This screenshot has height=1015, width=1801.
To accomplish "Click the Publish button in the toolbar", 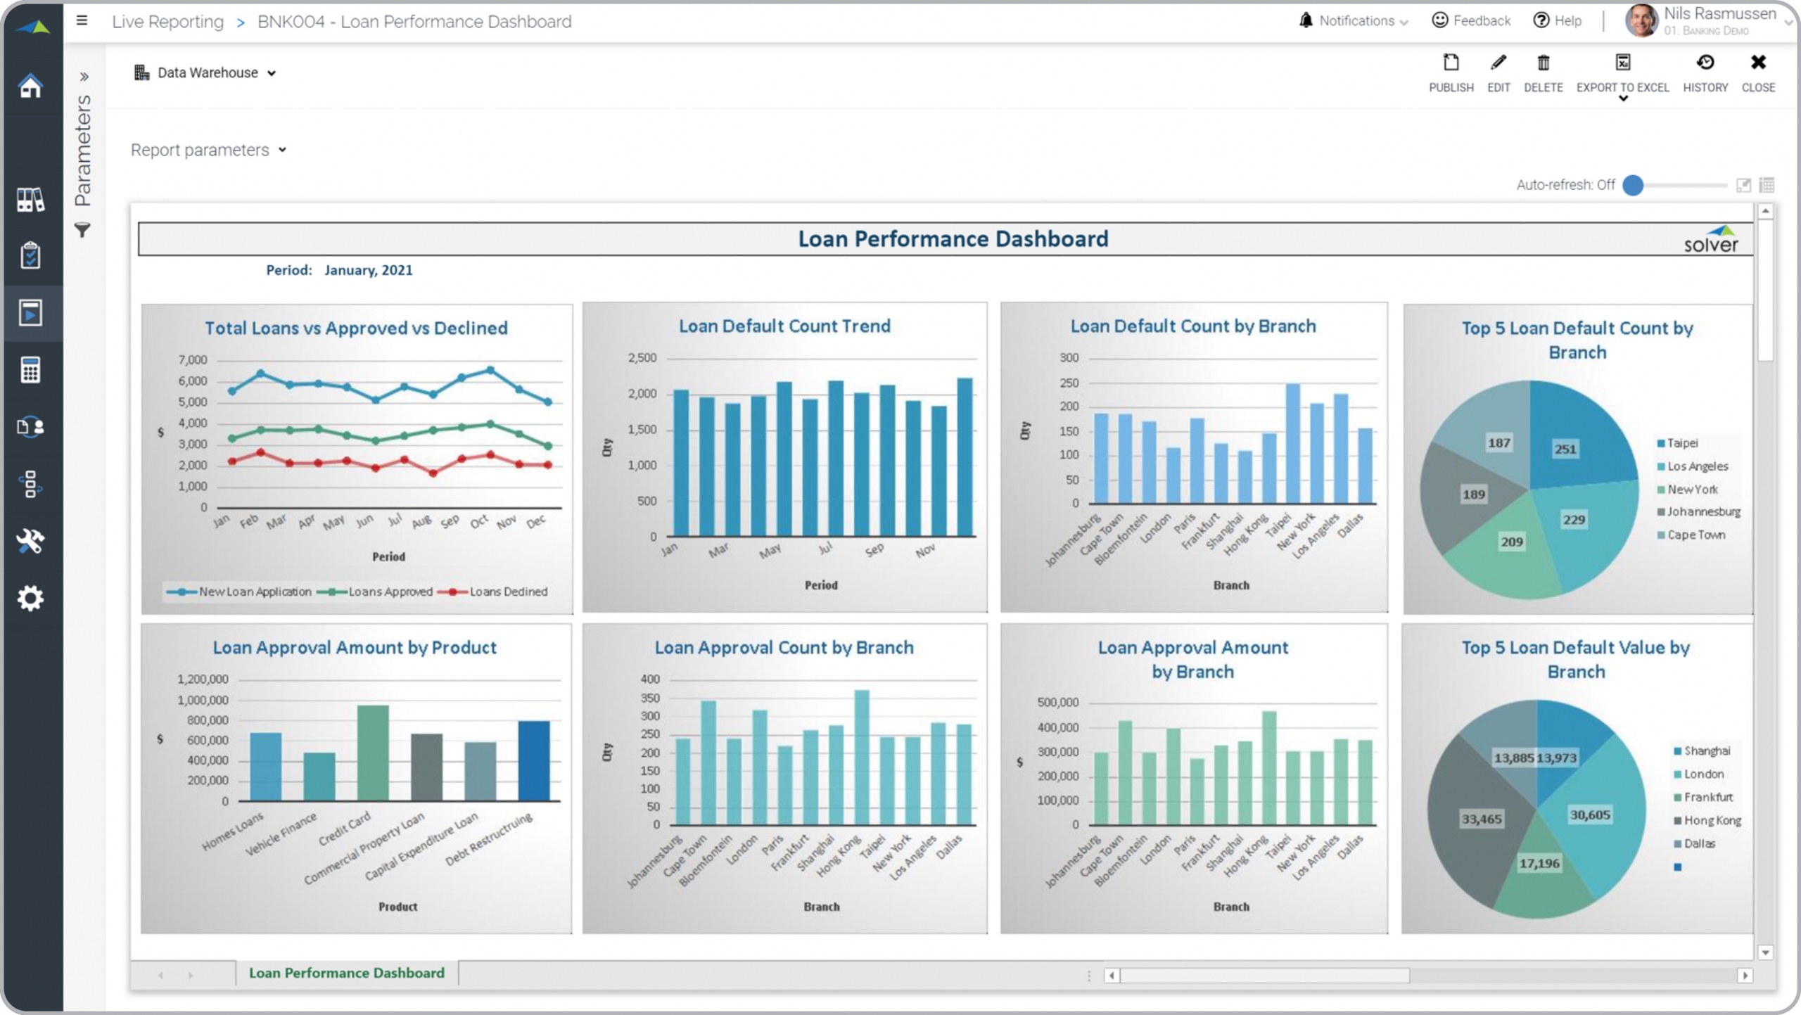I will pos(1450,72).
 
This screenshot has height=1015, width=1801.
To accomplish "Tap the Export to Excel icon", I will pos(1622,63).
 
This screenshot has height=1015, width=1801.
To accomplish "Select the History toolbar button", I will pos(1705,72).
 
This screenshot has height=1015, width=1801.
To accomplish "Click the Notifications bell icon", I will pos(1306,20).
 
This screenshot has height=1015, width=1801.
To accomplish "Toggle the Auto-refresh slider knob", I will pos(1633,185).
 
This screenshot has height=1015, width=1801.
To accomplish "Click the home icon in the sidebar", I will pos(30,86).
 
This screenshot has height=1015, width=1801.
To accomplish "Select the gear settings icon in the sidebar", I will pos(30,598).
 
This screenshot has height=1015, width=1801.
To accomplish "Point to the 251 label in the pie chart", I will pos(1565,449).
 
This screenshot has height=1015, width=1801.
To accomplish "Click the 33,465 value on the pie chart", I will pos(1481,819).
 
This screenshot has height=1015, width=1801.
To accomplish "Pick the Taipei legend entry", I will pos(1681,443).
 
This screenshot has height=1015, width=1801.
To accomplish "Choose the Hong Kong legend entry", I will pos(1712,820).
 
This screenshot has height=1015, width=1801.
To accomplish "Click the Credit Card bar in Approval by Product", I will pos(372,753).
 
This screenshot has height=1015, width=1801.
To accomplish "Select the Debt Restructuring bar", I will pos(534,760).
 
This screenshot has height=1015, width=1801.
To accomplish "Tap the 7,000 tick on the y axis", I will pos(193,360).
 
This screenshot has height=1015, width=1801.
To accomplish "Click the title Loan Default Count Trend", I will pos(784,326).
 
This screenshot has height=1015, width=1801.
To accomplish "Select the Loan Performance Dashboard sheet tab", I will pos(347,973).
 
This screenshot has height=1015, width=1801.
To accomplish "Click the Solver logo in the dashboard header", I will pos(1710,240).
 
